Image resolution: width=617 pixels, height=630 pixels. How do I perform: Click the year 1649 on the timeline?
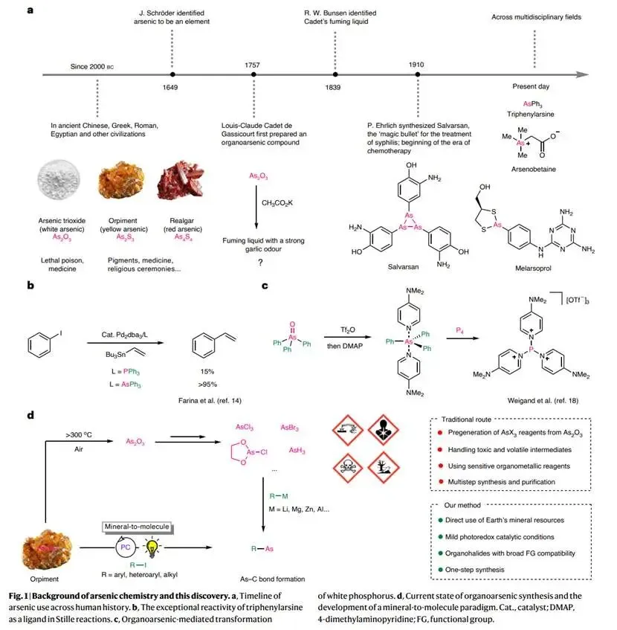pos(172,87)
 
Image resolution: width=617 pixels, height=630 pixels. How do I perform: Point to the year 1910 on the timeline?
pos(416,65)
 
